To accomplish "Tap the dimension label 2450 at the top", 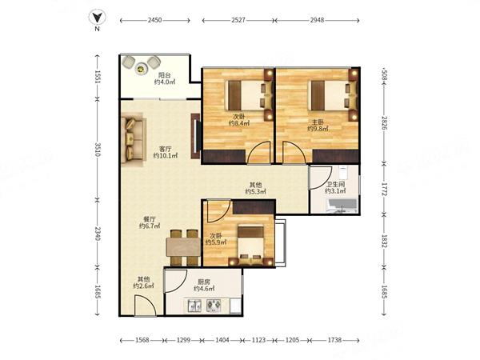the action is [x=154, y=21].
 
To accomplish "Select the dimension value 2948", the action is [x=317, y=21].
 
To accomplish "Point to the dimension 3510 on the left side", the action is [x=98, y=150].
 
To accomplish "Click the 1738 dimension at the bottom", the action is [x=334, y=340].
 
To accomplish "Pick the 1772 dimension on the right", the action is [x=385, y=189].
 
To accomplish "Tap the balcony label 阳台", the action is [x=164, y=75].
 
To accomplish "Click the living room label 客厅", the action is [x=166, y=149].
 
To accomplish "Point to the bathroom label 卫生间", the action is [x=335, y=185].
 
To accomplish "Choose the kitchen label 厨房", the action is [x=203, y=282].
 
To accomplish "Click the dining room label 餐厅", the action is [x=150, y=219].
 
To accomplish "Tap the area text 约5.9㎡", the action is [x=216, y=242].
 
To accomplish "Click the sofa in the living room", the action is [x=133, y=139].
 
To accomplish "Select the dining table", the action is [x=183, y=247].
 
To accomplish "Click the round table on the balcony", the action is [x=141, y=69].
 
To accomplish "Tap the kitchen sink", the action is [x=194, y=306].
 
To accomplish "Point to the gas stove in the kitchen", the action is [x=214, y=306].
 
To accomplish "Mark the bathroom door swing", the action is [x=321, y=178].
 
